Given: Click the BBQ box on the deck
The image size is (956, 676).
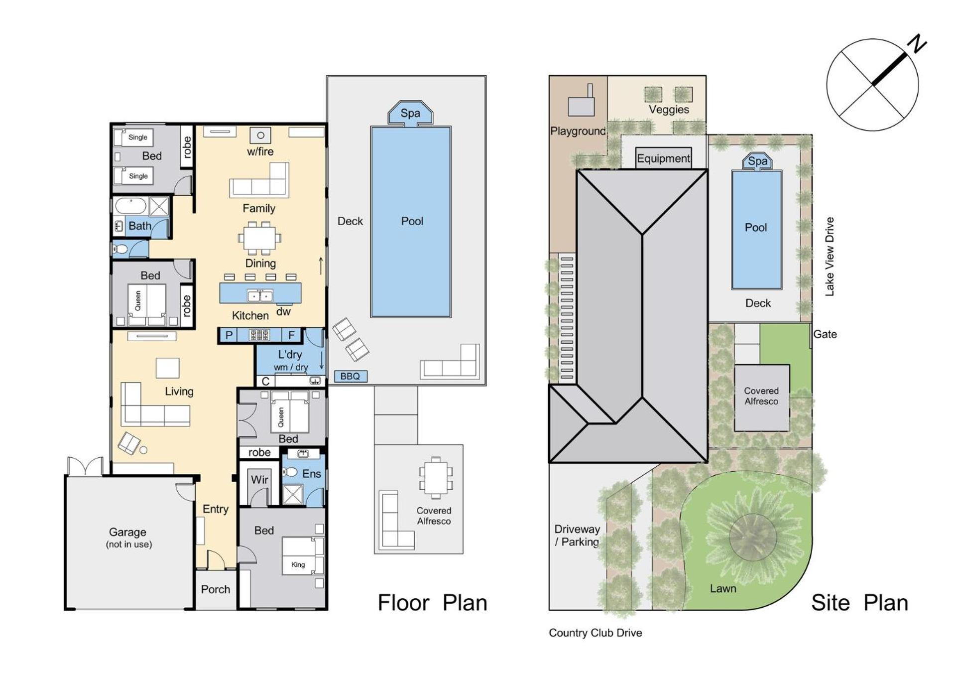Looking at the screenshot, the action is pyautogui.click(x=351, y=376).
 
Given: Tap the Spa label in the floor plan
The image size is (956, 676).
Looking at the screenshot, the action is pyautogui.click(x=410, y=113).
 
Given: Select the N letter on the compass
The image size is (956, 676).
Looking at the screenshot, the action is pyautogui.click(x=917, y=44).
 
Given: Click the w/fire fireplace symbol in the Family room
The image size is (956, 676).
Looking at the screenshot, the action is pyautogui.click(x=260, y=135).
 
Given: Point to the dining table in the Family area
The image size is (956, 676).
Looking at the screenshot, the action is pyautogui.click(x=259, y=238).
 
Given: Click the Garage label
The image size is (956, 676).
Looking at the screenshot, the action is pyautogui.click(x=127, y=532).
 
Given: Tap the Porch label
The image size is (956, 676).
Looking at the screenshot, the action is pyautogui.click(x=216, y=589).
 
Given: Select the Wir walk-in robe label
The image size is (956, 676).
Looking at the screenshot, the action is pyautogui.click(x=259, y=480).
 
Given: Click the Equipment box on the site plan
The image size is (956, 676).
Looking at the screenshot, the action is pyautogui.click(x=664, y=158).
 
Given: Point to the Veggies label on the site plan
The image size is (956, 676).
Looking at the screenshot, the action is pyautogui.click(x=669, y=110).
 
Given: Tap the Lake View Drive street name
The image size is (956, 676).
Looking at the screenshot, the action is pyautogui.click(x=830, y=257).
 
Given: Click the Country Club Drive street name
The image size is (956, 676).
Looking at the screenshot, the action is pyautogui.click(x=596, y=633).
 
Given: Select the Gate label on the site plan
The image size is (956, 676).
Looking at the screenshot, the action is pyautogui.click(x=825, y=334).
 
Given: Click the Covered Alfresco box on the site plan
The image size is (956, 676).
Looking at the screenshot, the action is pyautogui.click(x=762, y=398).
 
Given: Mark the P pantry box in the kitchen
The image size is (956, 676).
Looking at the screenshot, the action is pyautogui.click(x=229, y=335).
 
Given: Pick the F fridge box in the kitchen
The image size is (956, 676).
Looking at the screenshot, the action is pyautogui.click(x=292, y=335).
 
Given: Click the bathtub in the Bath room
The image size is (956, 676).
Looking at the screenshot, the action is pyautogui.click(x=130, y=206).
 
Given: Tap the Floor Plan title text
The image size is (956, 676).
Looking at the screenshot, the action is pyautogui.click(x=432, y=603).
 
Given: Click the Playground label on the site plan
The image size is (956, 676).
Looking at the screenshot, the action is pyautogui.click(x=578, y=131).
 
